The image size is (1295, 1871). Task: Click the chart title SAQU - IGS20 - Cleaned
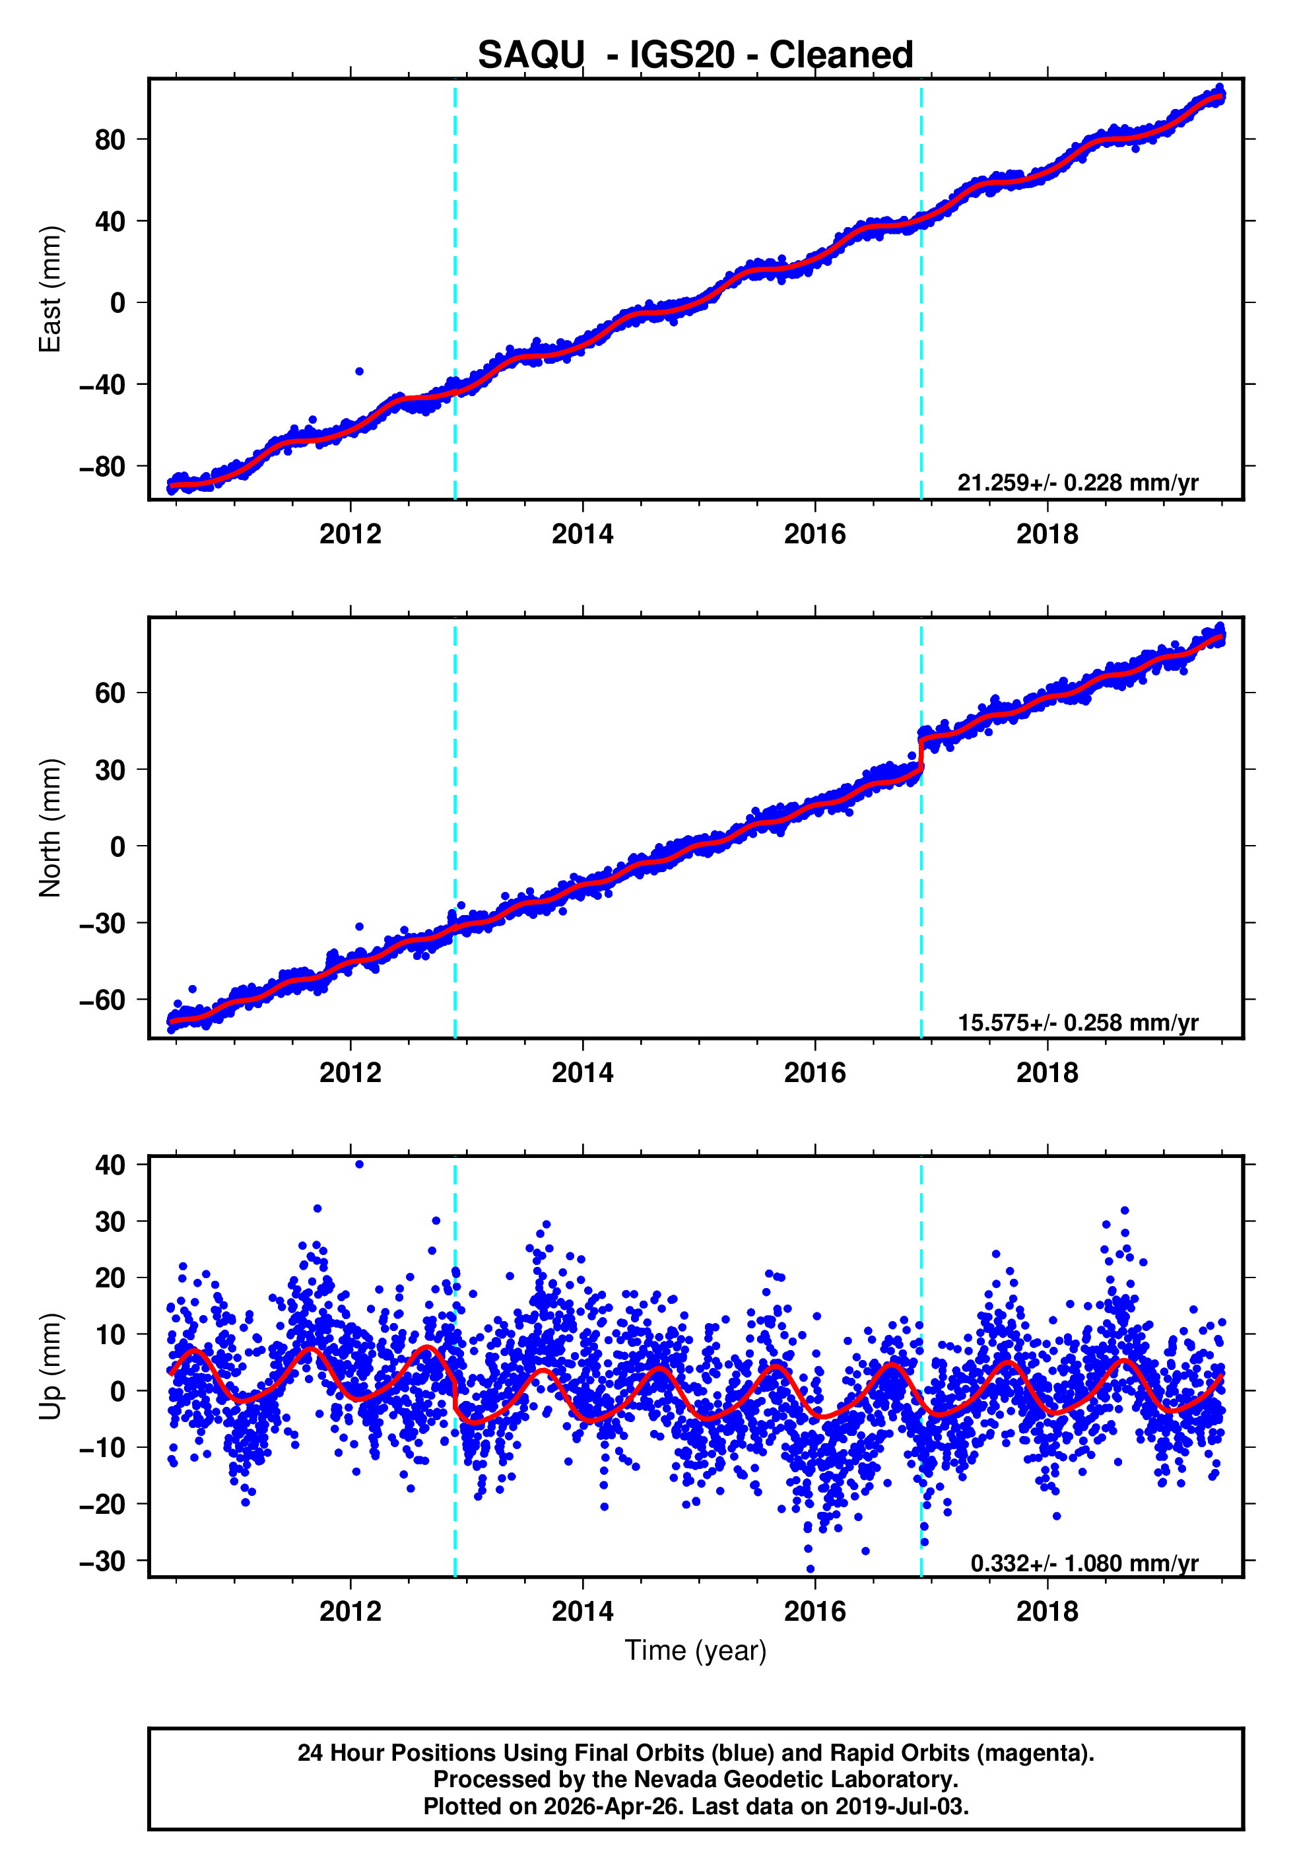[696, 55]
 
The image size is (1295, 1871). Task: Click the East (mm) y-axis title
[50, 290]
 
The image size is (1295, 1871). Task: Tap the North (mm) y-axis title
[50, 828]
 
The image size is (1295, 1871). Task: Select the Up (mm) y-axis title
[50, 1367]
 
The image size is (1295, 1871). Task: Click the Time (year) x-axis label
[696, 1650]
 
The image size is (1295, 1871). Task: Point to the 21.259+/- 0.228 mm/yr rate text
[1078, 483]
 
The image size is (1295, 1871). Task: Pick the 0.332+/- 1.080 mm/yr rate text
[1084, 1563]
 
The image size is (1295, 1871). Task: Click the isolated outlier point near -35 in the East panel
[360, 371]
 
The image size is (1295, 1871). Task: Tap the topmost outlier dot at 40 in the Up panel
[360, 1165]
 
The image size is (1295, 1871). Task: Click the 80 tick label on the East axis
[110, 139]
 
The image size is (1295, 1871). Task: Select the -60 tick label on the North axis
[102, 1000]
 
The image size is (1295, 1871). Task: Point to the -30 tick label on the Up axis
[102, 1561]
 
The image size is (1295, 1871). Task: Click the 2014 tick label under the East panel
[583, 535]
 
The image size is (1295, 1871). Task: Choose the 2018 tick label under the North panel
[1047, 1073]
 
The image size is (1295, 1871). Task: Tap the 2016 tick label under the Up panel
[814, 1612]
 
